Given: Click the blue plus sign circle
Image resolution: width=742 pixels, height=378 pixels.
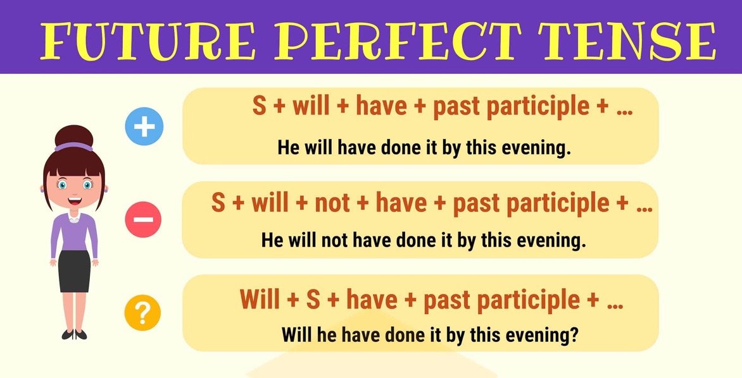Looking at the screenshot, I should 144,127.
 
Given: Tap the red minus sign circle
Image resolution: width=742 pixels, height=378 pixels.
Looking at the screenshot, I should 143,219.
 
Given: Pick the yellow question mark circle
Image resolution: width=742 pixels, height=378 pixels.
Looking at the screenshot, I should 142,312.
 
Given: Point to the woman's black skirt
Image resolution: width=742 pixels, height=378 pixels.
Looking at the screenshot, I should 75,271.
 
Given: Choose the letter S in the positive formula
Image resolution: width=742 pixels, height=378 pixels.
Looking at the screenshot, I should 259,106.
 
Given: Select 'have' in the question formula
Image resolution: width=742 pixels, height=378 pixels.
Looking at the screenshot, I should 372,300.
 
